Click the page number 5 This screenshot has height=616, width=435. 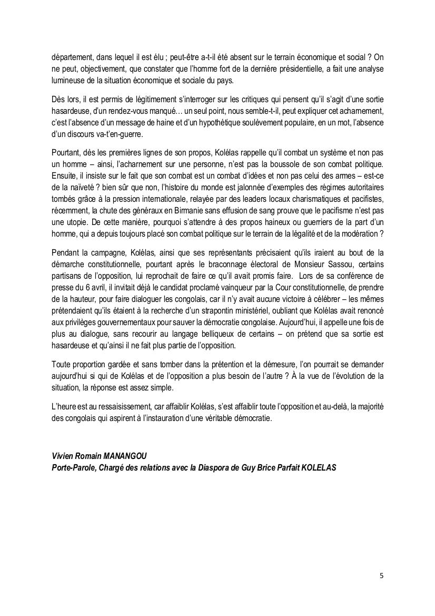381,575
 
